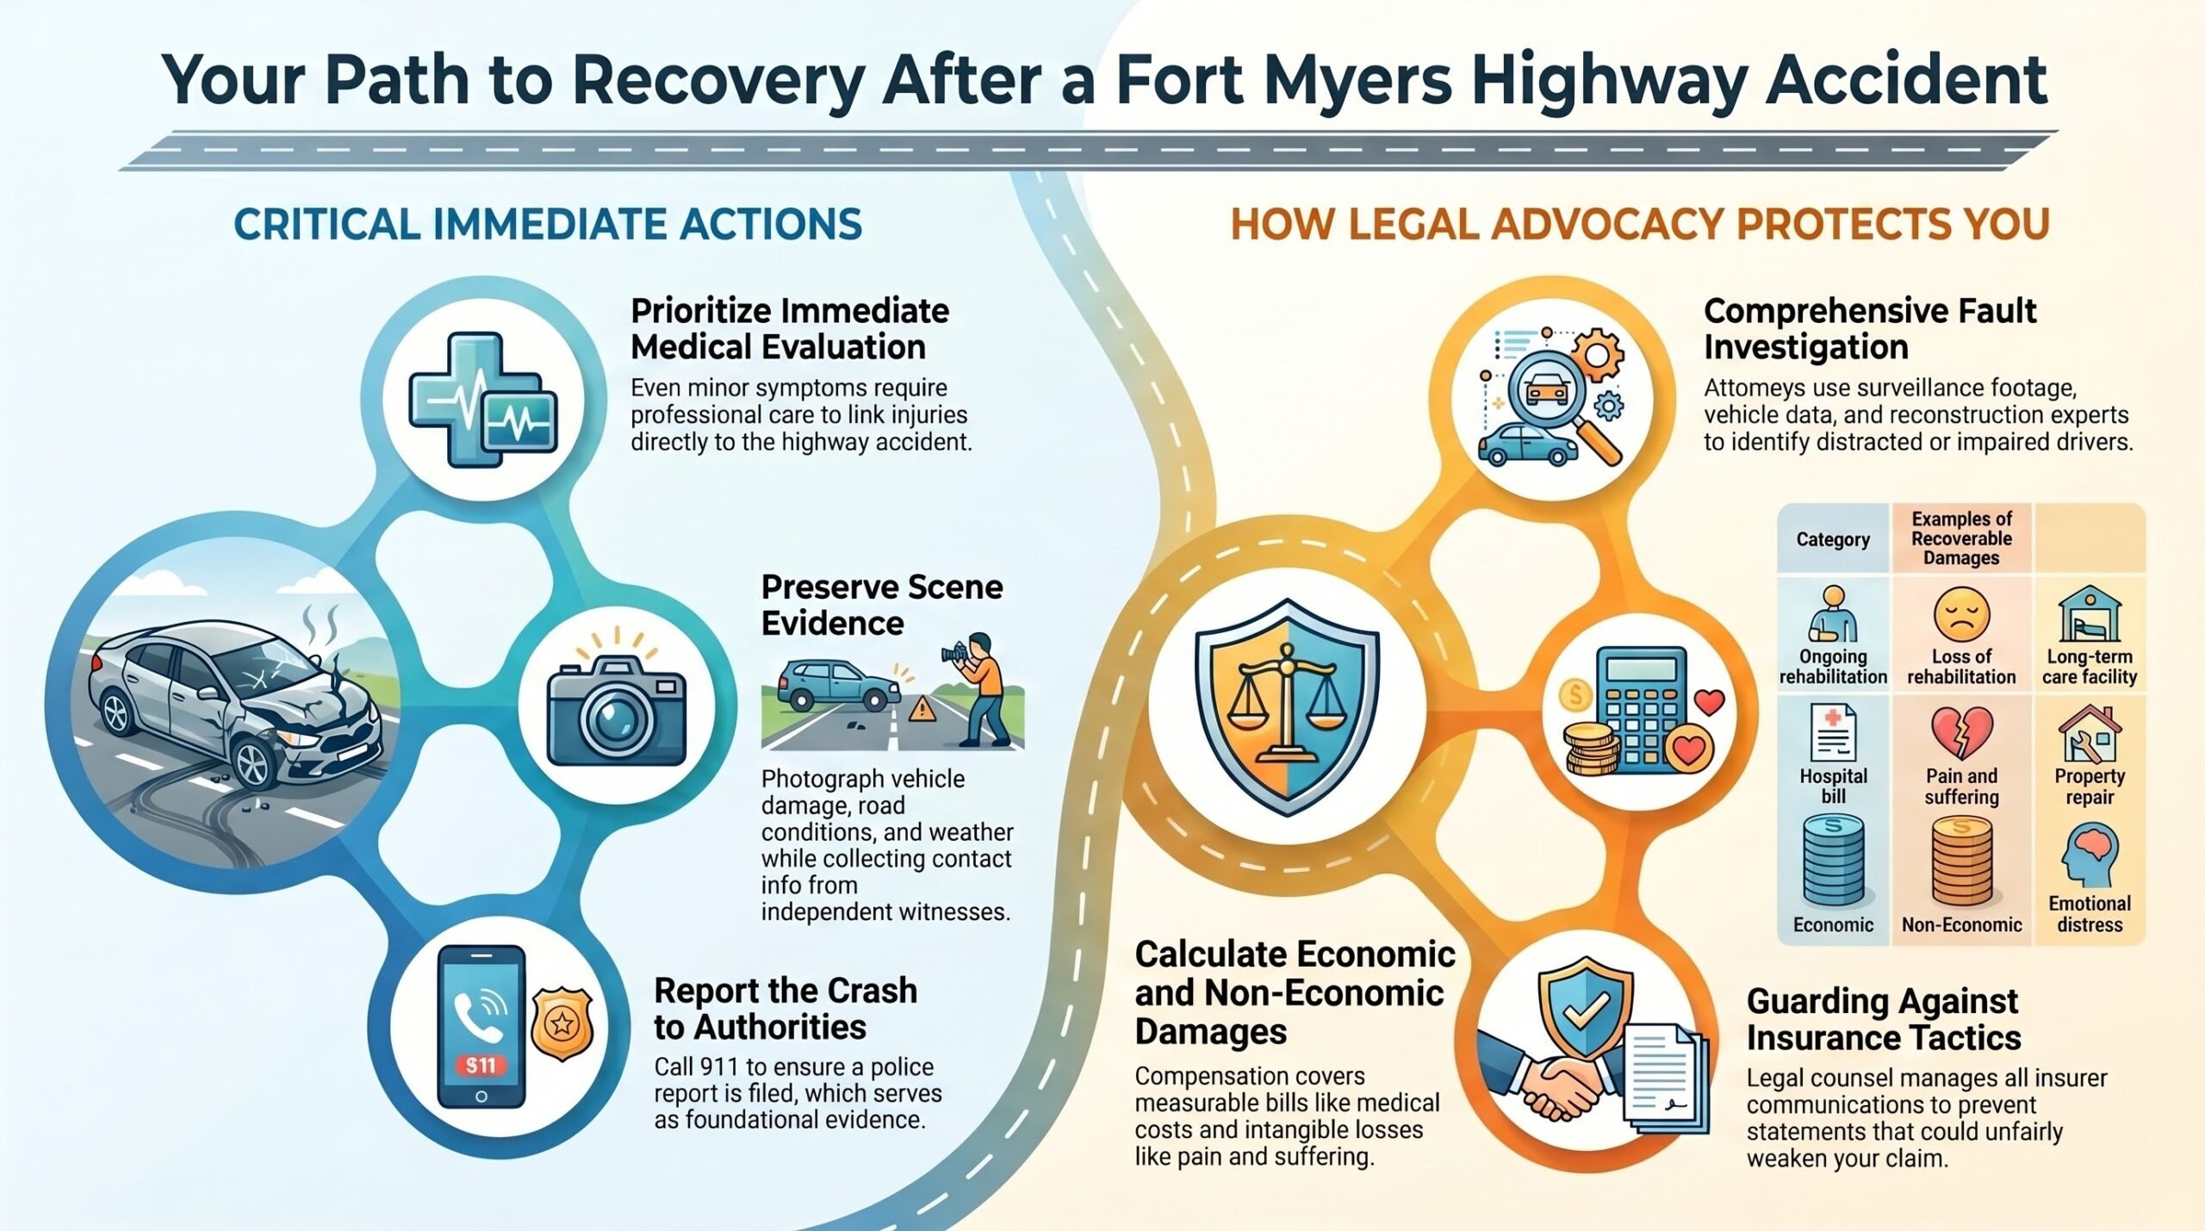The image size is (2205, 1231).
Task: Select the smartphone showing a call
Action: (x=481, y=1027)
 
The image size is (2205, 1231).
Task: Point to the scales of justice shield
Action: (x=1287, y=706)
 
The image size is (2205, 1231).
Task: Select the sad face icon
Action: (x=1961, y=614)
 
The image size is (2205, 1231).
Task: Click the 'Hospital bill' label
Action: (x=1833, y=786)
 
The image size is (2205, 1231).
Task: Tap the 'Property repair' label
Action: (x=2090, y=786)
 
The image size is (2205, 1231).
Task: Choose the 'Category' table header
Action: (x=1833, y=539)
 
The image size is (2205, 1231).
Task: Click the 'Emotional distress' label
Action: (x=2090, y=914)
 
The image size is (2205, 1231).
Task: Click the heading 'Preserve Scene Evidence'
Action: (x=882, y=605)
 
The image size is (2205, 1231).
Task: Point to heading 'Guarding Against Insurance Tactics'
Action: (x=1884, y=1019)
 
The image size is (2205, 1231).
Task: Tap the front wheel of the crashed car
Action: (x=255, y=765)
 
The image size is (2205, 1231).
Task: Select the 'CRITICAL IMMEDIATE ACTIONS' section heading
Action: (x=548, y=224)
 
